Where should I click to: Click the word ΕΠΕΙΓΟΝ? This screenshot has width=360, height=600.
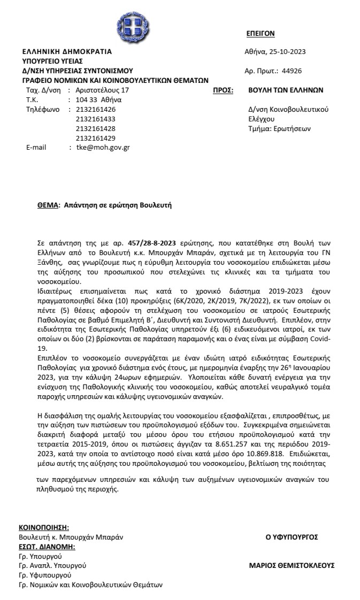click(260, 33)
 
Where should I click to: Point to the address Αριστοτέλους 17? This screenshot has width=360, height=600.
click(103, 90)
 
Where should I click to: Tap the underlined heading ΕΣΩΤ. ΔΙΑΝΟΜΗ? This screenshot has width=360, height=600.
click(47, 547)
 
